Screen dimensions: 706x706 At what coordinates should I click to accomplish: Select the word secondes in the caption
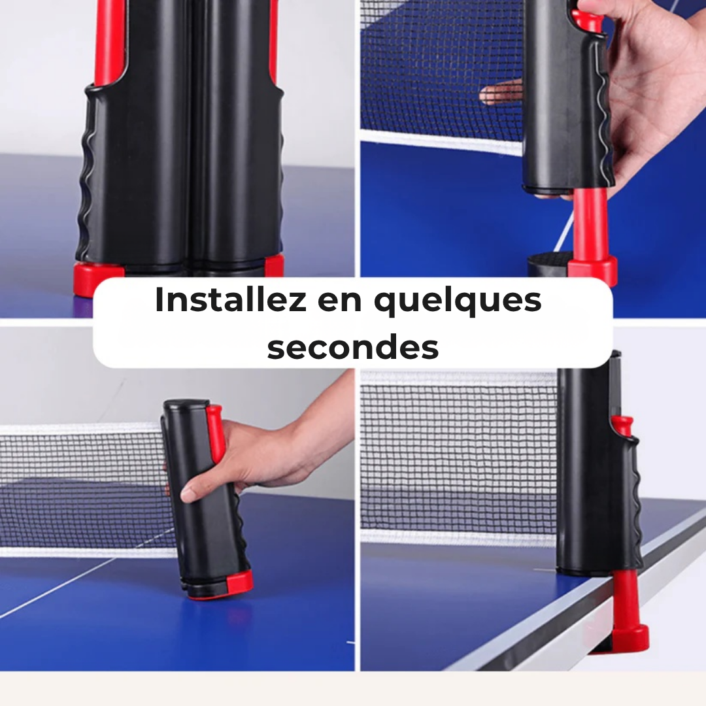(x=352, y=347)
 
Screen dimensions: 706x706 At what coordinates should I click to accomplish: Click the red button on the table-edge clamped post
(x=623, y=425)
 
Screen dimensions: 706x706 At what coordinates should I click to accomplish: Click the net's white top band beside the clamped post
(x=458, y=378)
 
